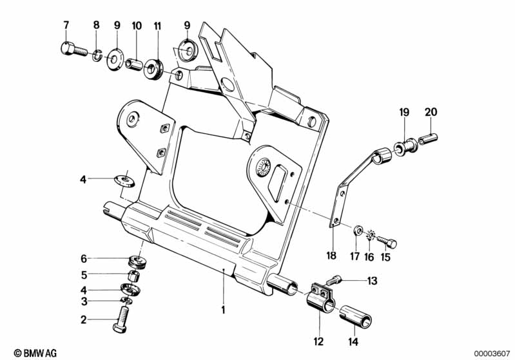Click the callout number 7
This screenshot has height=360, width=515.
coord(65,25)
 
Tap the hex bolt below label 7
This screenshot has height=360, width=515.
coord(71,50)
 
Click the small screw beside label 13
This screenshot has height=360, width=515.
coord(334,280)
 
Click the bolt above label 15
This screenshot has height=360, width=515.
coord(387,242)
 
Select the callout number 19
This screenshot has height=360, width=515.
coord(403,112)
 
